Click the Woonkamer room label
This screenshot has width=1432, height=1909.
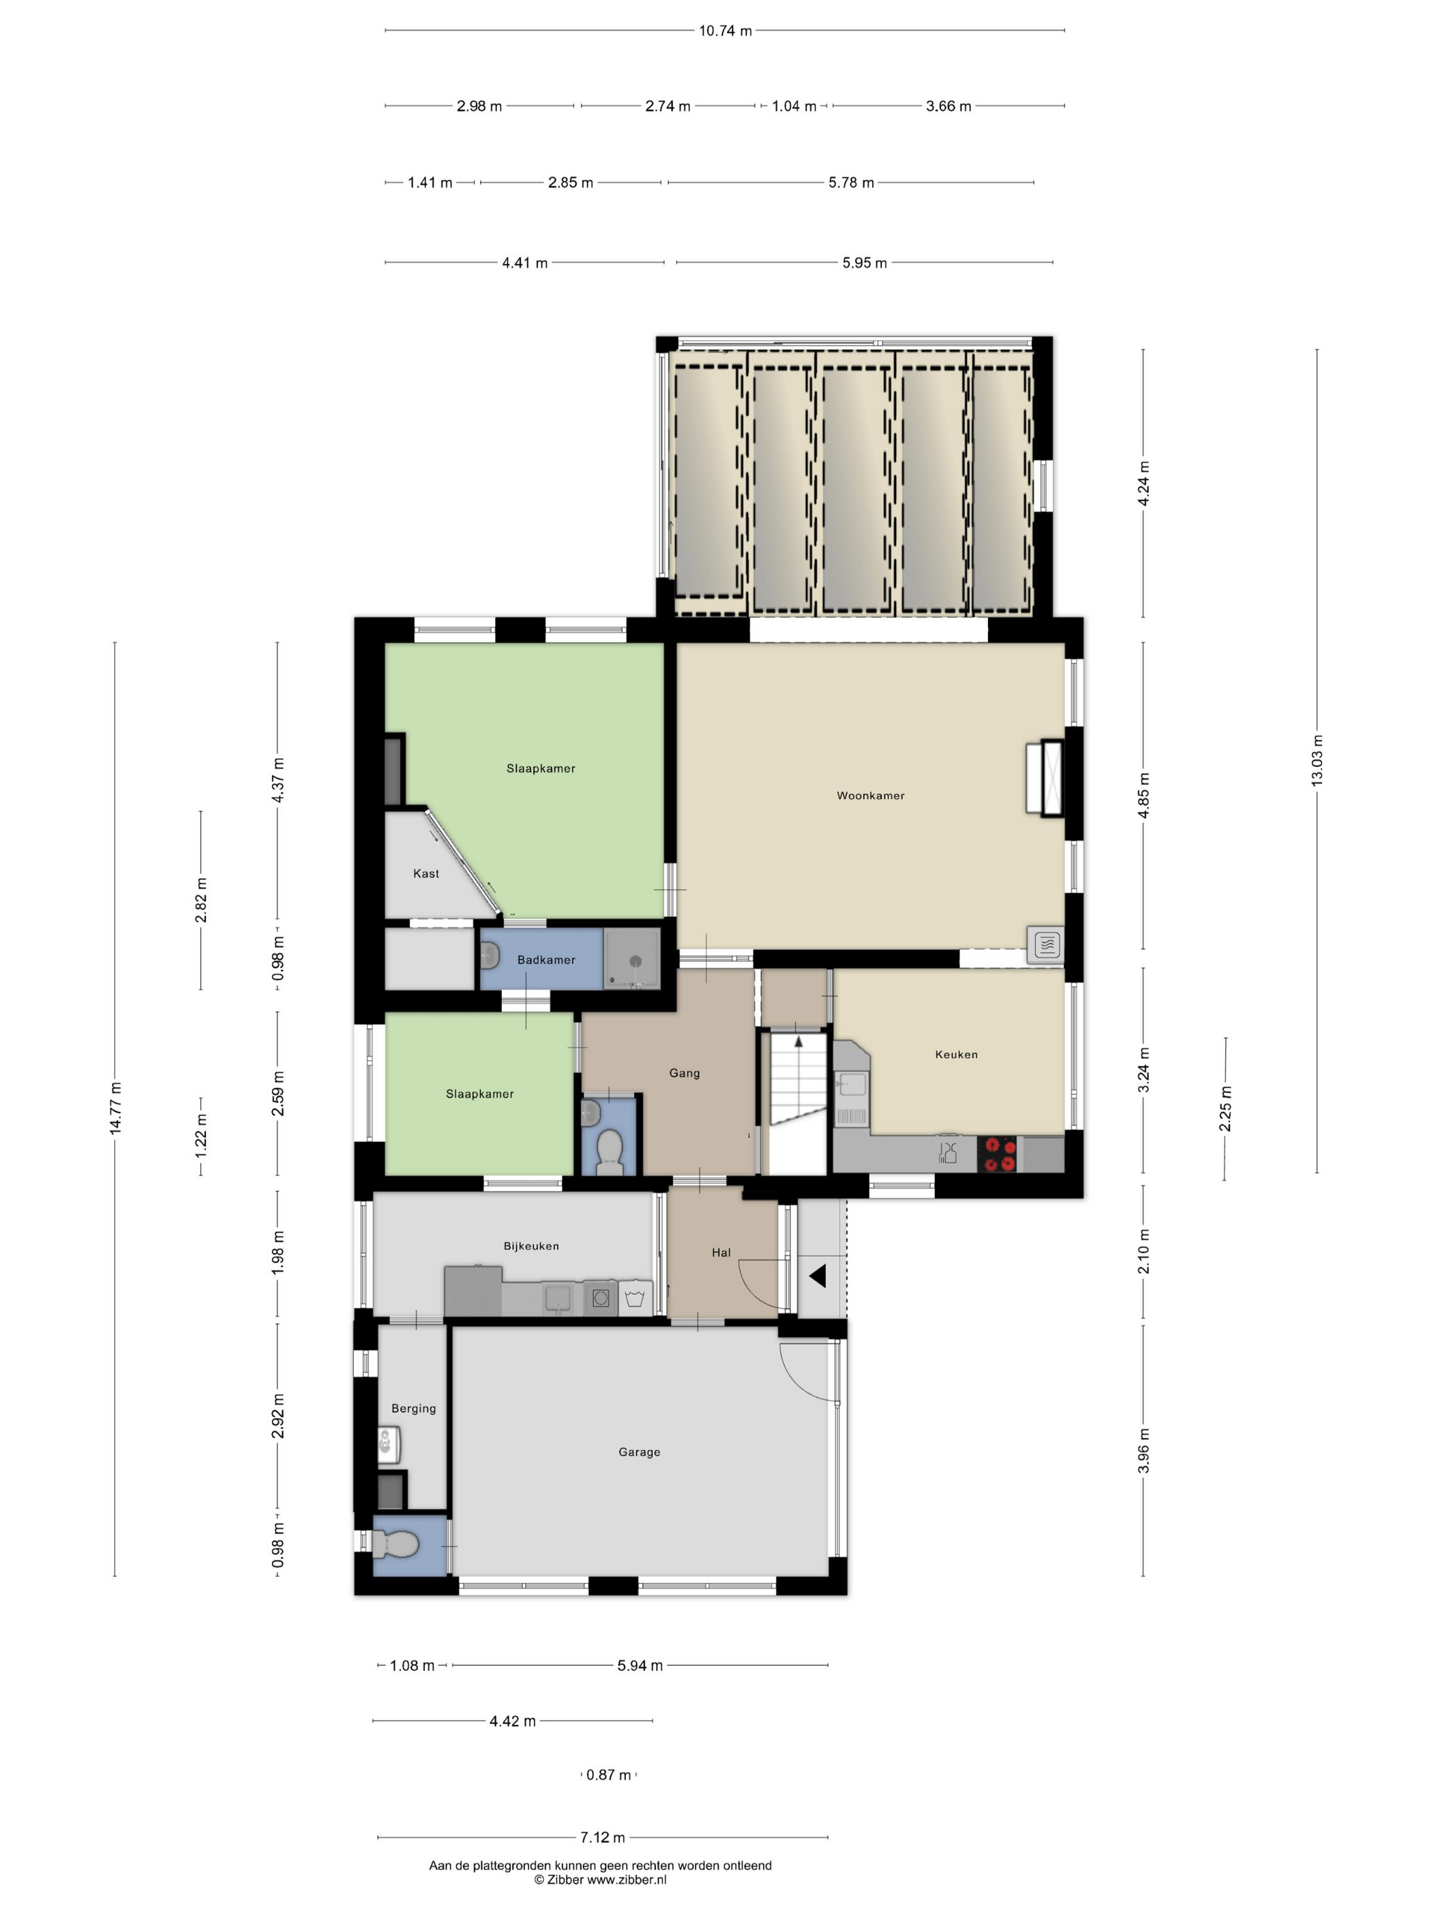click(870, 796)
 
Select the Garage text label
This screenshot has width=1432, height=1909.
click(639, 1452)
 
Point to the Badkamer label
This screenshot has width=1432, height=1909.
click(546, 960)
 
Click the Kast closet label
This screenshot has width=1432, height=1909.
click(426, 873)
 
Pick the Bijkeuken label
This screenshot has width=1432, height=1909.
click(531, 1246)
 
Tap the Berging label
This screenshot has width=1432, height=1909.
click(413, 1409)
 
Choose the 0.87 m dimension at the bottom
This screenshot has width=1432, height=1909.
click(608, 1775)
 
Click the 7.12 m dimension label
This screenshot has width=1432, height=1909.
click(603, 1837)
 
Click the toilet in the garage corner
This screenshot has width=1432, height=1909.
click(394, 1545)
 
